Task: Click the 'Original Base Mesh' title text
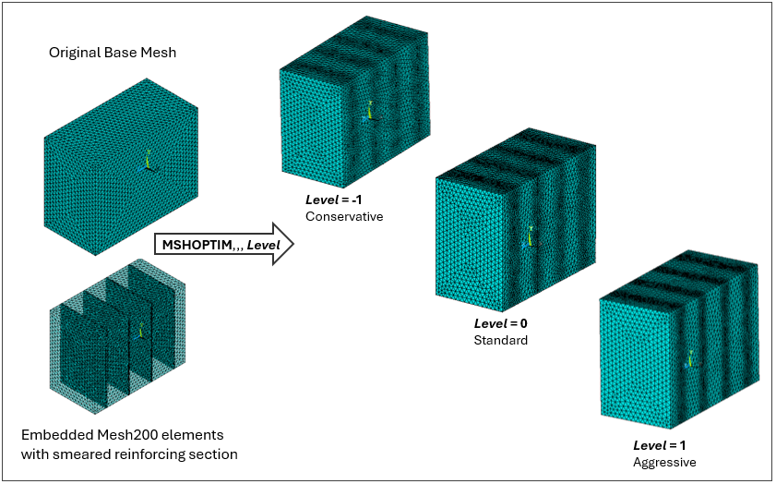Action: coord(113,53)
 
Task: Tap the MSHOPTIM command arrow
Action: coord(222,245)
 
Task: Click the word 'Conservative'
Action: coord(343,216)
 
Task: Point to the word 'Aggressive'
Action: coord(664,462)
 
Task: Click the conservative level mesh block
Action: coord(351,111)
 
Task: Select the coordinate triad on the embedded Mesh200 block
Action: coord(141,329)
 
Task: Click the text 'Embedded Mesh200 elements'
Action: coord(122,434)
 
